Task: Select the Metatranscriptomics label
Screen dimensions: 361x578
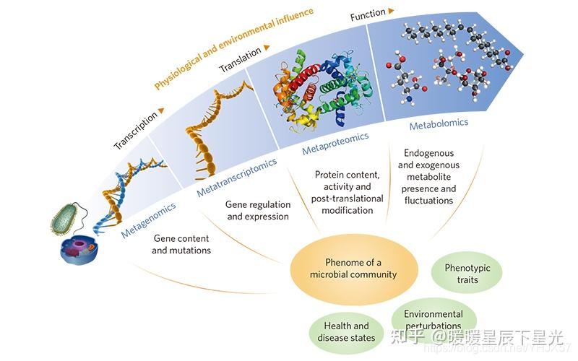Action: pyautogui.click(x=237, y=178)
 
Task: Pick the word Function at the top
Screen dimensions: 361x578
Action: pyautogui.click(x=368, y=14)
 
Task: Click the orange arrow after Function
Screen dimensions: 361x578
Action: pyautogui.click(x=391, y=11)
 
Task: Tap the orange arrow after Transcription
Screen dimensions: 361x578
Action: pyautogui.click(x=160, y=110)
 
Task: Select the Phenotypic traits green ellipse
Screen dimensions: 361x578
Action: pyautogui.click(x=467, y=274)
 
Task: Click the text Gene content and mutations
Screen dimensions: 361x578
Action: pyautogui.click(x=181, y=245)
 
